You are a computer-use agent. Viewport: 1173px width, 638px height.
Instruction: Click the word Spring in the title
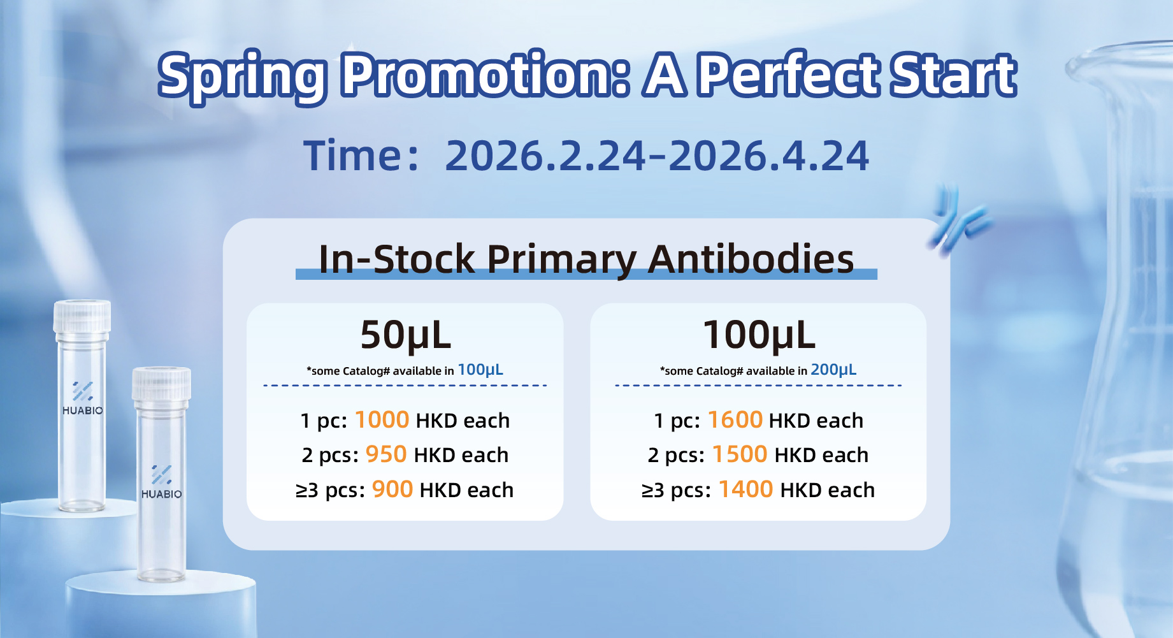pyautogui.click(x=243, y=76)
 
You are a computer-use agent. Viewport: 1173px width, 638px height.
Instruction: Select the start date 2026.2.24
pyautogui.click(x=545, y=156)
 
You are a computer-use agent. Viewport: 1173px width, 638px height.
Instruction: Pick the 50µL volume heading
pyautogui.click(x=406, y=335)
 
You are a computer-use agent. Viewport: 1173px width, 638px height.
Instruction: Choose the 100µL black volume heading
pyautogui.click(x=759, y=335)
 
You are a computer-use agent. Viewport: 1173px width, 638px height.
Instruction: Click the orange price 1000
pyautogui.click(x=382, y=420)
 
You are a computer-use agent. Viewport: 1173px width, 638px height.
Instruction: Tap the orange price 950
pyautogui.click(x=386, y=454)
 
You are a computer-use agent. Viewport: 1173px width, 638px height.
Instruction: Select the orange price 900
pyautogui.click(x=392, y=489)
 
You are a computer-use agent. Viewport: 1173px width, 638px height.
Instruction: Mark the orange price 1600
pyautogui.click(x=735, y=420)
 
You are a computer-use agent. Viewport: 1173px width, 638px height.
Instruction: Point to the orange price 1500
pyautogui.click(x=740, y=454)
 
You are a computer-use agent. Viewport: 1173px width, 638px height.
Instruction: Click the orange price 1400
pyautogui.click(x=745, y=489)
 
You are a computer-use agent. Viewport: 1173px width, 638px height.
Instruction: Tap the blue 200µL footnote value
pyautogui.click(x=833, y=370)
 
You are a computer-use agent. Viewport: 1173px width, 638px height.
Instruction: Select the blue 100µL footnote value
pyautogui.click(x=480, y=370)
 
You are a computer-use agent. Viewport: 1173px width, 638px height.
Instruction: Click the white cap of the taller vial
pyautogui.click(x=82, y=317)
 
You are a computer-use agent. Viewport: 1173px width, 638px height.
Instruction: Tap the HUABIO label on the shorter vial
pyautogui.click(x=161, y=494)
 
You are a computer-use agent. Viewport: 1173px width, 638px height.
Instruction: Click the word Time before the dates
pyautogui.click(x=352, y=156)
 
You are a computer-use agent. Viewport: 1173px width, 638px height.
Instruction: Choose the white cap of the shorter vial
pyautogui.click(x=161, y=384)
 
